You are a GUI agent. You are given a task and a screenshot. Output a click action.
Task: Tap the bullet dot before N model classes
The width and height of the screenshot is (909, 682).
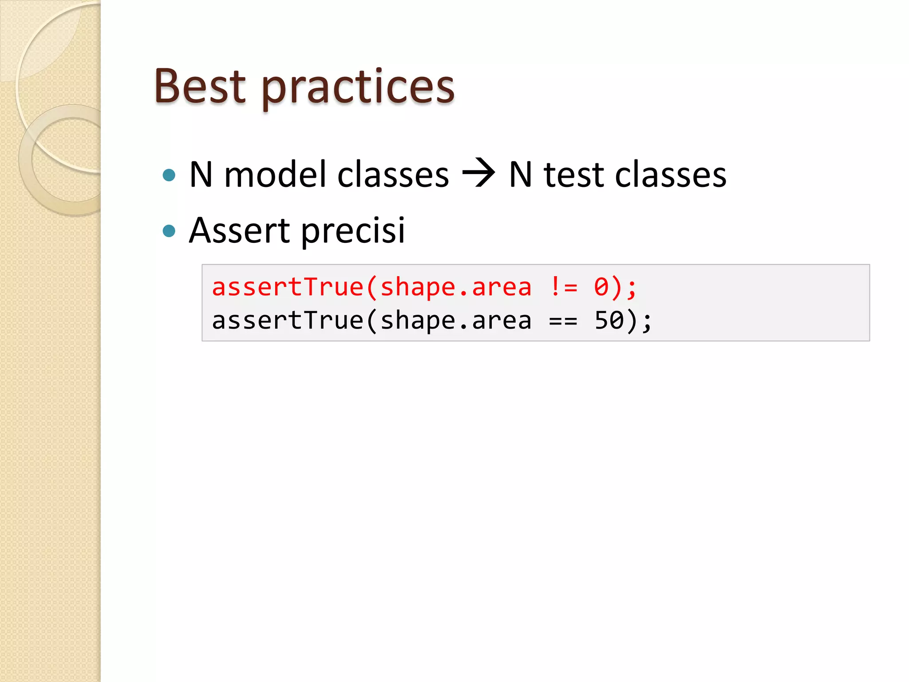click(169, 175)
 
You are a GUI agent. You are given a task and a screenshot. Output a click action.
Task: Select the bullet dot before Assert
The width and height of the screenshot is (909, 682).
click(169, 231)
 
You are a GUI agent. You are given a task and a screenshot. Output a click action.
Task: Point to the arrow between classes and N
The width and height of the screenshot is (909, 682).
click(478, 173)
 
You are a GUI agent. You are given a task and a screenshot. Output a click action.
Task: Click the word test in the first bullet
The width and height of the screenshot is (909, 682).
click(573, 174)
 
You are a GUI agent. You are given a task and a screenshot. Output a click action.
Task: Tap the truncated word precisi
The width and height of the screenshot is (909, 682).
click(353, 232)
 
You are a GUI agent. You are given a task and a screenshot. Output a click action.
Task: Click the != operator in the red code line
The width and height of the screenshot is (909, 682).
click(563, 287)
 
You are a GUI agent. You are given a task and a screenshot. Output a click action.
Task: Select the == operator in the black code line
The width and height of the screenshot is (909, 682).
click(563, 321)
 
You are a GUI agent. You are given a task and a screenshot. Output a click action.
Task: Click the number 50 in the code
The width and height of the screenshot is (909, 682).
click(609, 321)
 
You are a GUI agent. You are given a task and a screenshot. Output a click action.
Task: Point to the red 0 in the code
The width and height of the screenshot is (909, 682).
click(601, 287)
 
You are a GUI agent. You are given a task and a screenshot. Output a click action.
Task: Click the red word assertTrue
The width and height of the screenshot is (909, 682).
click(288, 287)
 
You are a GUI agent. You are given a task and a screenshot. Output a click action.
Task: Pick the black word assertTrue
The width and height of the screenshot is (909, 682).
click(288, 321)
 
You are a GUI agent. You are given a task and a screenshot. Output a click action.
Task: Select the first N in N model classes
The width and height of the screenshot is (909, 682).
click(201, 174)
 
